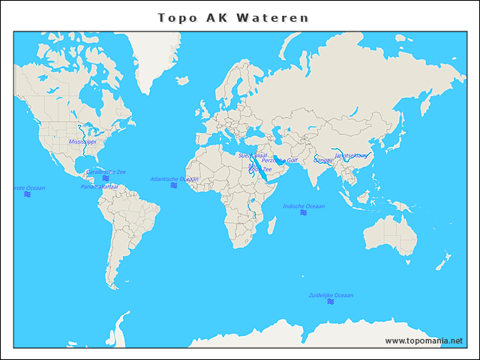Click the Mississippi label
pyautogui.click(x=82, y=142)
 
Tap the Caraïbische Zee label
pyautogui.click(x=106, y=172)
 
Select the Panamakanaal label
pyautogui.click(x=99, y=187)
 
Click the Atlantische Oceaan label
pyautogui.click(x=174, y=179)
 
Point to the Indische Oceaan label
pyautogui.click(x=304, y=206)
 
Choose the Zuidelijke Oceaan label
pyautogui.click(x=331, y=295)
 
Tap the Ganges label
pyautogui.click(x=322, y=160)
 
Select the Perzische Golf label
pyautogui.click(x=280, y=160)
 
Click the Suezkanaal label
pyautogui.click(x=252, y=155)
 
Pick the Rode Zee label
pyautogui.click(x=262, y=169)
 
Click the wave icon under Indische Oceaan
pyautogui.click(x=304, y=213)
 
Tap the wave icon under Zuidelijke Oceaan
pyautogui.click(x=331, y=302)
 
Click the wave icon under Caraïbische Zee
pyautogui.click(x=106, y=178)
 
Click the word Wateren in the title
pyautogui.click(x=272, y=17)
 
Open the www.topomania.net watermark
pyautogui.click(x=424, y=340)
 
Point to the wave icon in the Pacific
pyautogui.click(x=27, y=194)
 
